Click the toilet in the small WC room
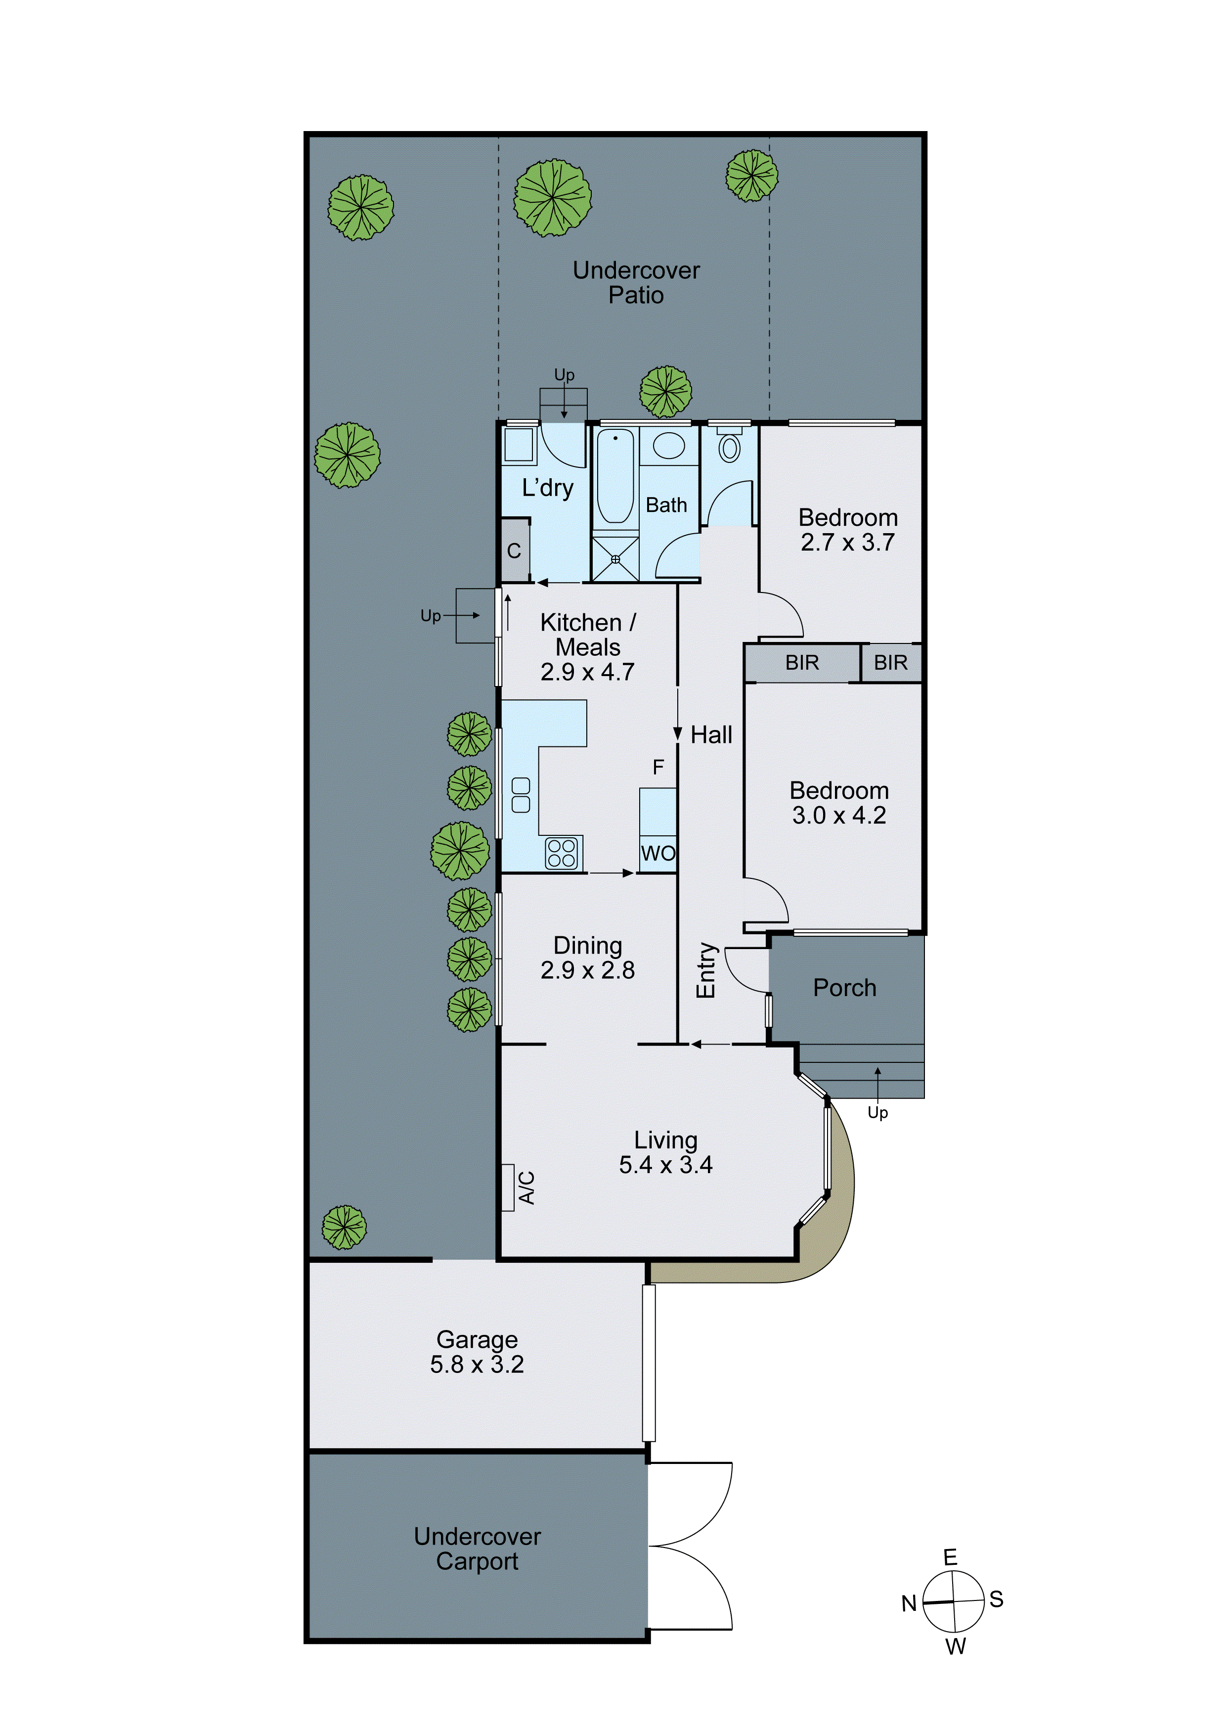(x=729, y=448)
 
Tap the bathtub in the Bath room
(x=615, y=477)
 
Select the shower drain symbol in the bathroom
(x=615, y=559)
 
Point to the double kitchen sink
(x=521, y=795)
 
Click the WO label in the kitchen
(x=658, y=853)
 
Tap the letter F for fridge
(x=658, y=767)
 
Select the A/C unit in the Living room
(x=508, y=1187)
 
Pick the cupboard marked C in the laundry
(x=515, y=551)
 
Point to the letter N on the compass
(x=908, y=1603)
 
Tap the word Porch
(x=844, y=988)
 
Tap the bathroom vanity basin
(x=668, y=446)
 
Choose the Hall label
(x=711, y=734)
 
